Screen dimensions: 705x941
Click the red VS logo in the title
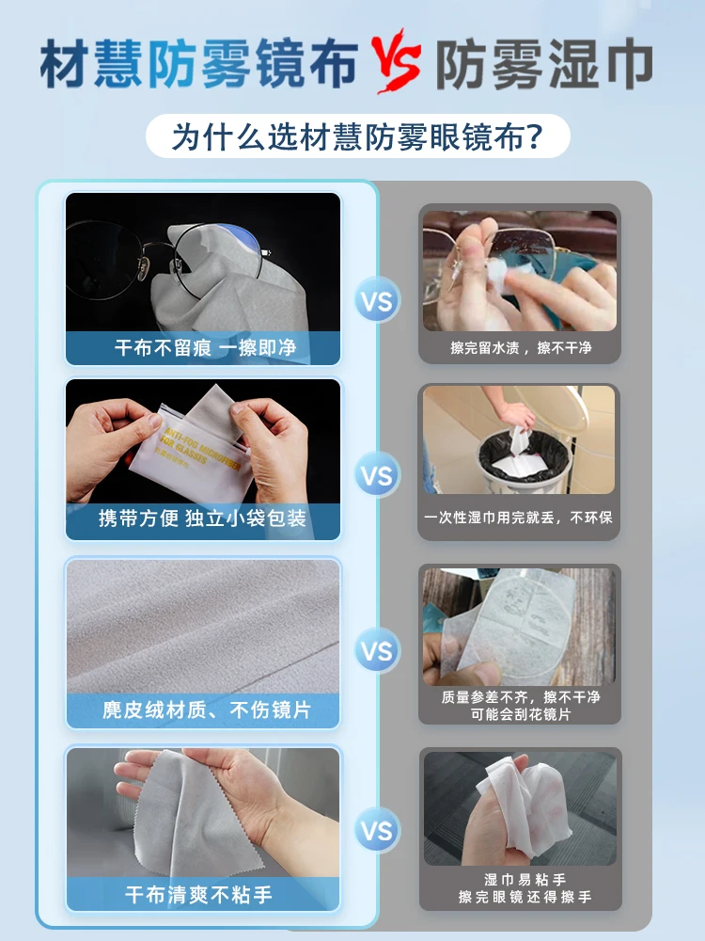396,61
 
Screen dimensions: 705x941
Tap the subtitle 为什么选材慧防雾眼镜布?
357,136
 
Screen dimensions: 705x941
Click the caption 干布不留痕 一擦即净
206,347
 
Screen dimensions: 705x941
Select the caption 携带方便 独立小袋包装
203,518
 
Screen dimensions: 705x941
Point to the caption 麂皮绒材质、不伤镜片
207,710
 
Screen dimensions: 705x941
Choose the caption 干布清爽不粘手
198,895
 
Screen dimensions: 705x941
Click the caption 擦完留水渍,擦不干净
521,347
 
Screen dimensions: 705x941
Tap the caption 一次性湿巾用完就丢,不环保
518,518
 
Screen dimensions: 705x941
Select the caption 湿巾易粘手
525,880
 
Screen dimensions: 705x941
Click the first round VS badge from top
377,300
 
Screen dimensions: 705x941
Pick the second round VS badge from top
377,475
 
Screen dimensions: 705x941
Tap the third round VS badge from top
377,650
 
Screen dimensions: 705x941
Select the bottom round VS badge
377,831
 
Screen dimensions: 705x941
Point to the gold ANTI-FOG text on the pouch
201,451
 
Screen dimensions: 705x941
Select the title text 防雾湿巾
543,63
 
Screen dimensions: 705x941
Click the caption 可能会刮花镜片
521,714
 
